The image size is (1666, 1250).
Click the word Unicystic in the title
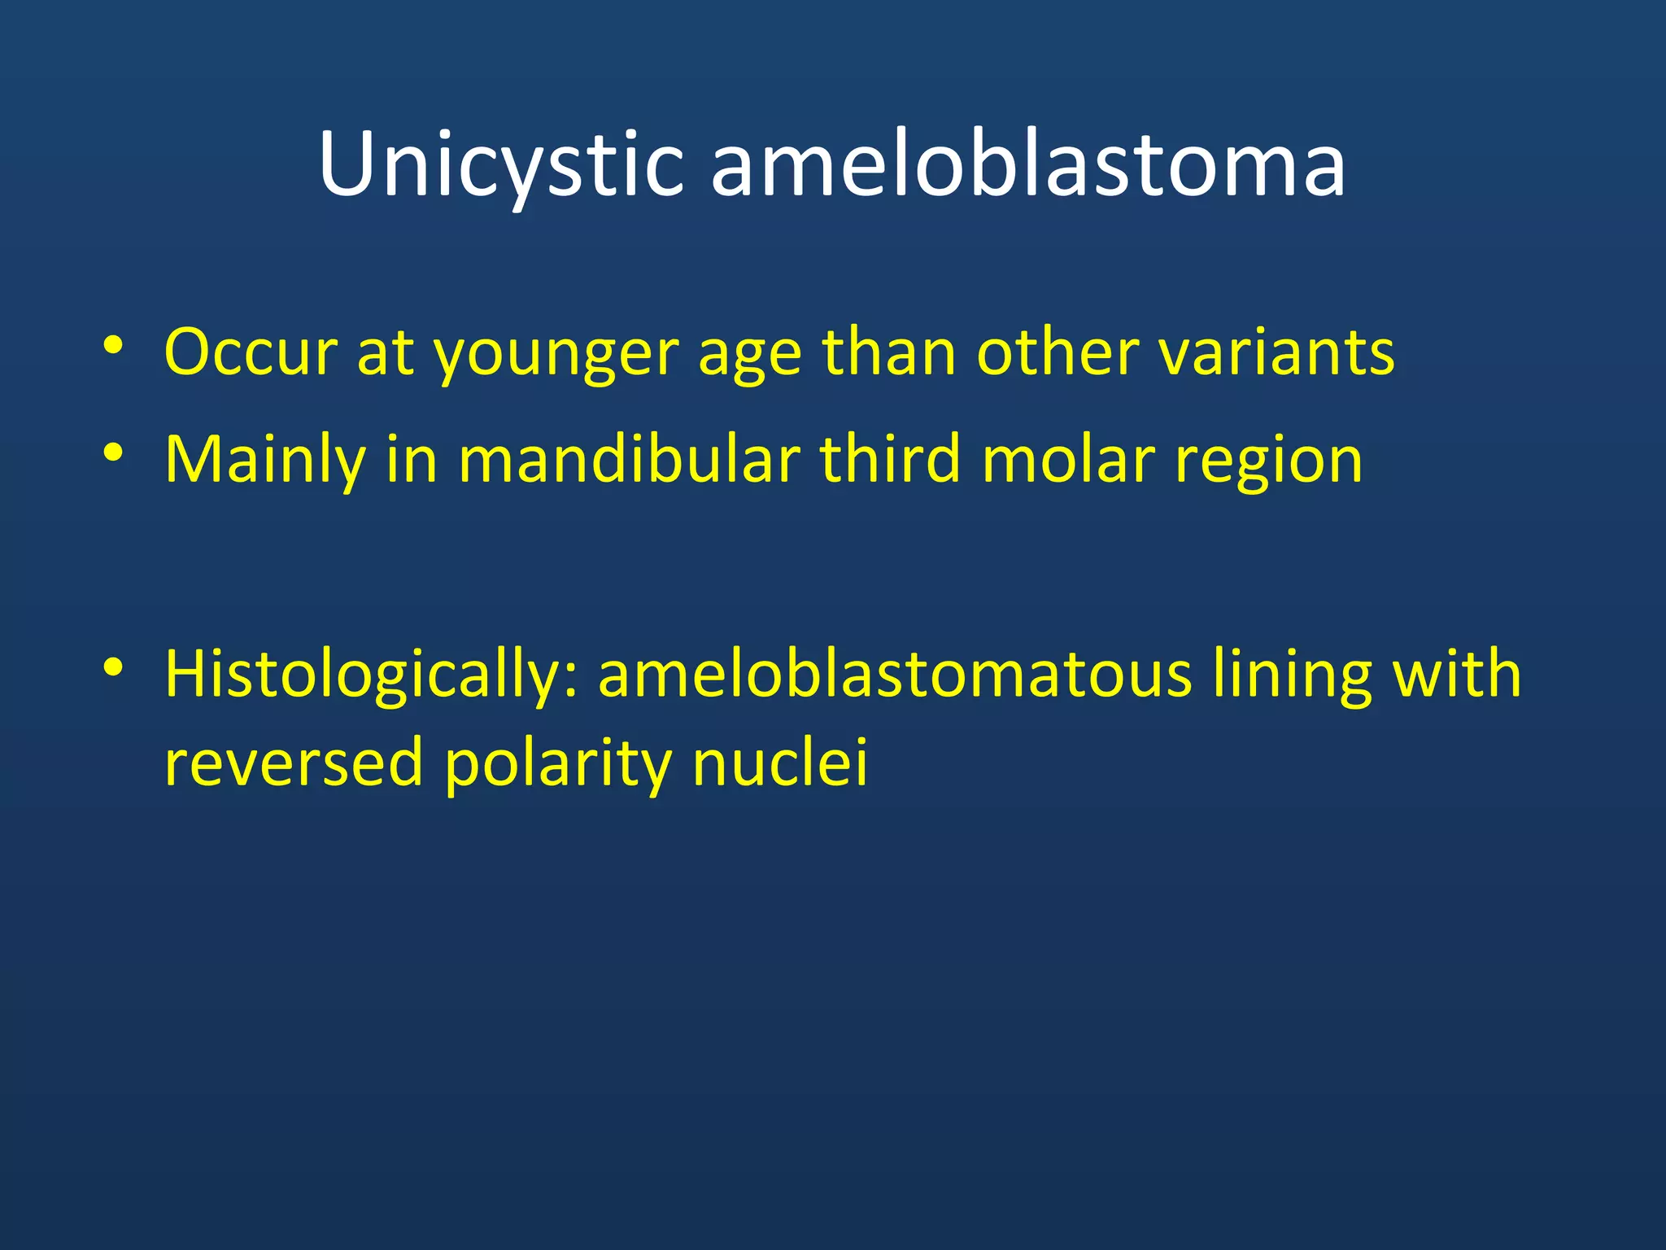pyautogui.click(x=500, y=166)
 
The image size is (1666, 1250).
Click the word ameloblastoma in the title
pyautogui.click(x=1028, y=166)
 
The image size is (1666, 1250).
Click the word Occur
pyautogui.click(x=251, y=353)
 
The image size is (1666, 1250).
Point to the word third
pyautogui.click(x=891, y=460)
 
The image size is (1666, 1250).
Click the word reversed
pyautogui.click(x=294, y=763)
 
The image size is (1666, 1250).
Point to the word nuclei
pyautogui.click(x=780, y=763)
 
